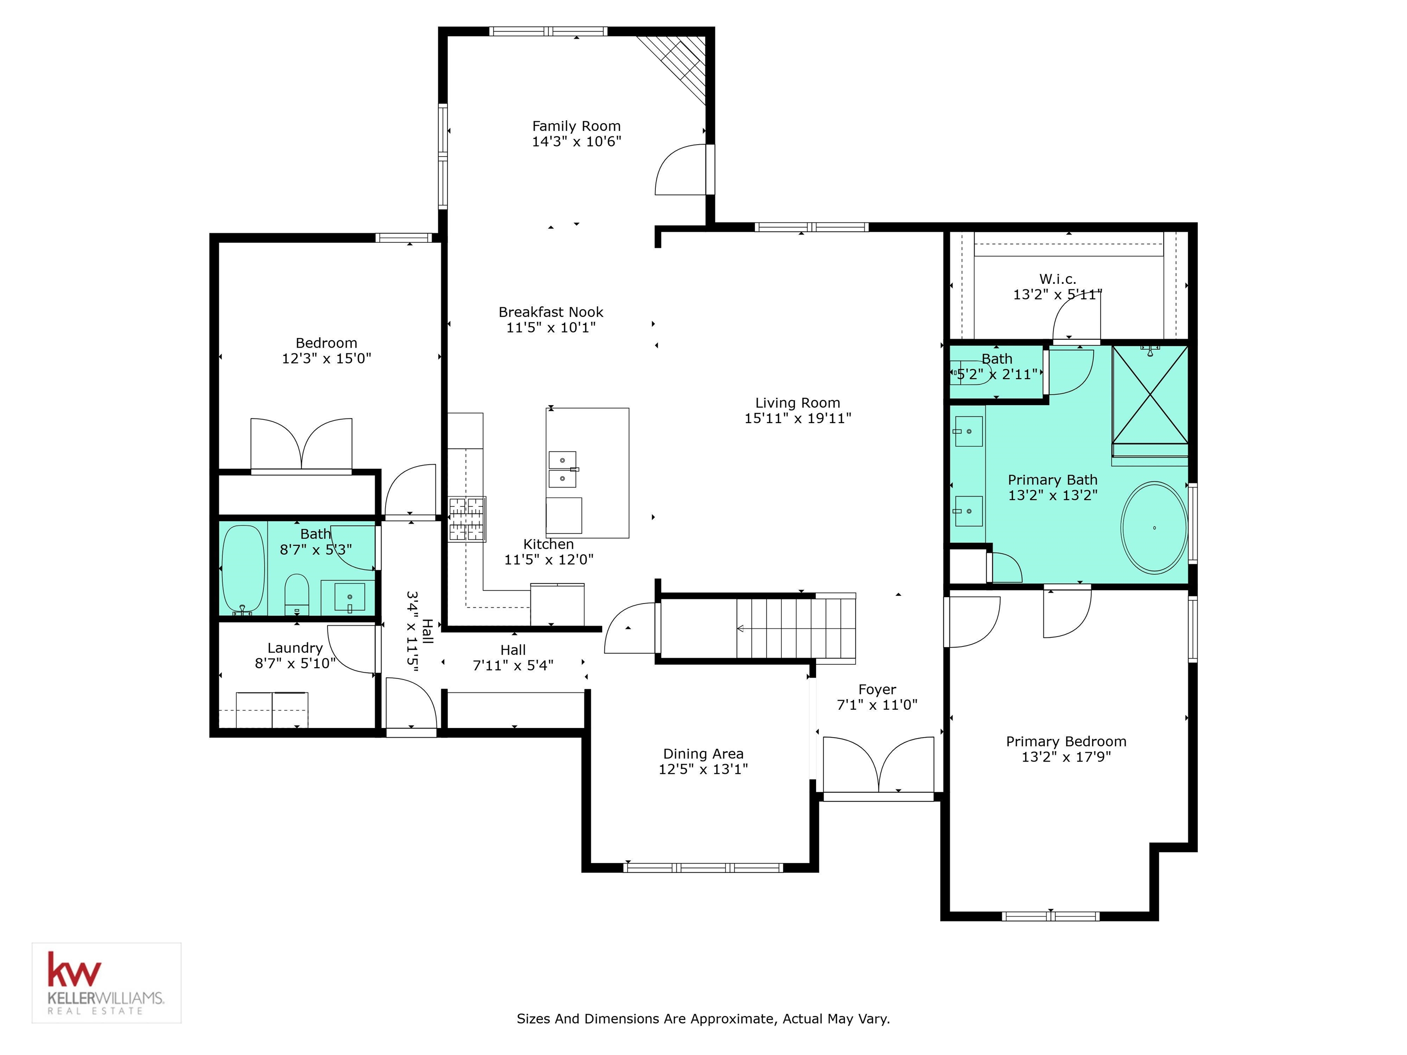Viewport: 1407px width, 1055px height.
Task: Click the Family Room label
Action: [x=576, y=126]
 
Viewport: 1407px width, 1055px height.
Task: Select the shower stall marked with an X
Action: [x=1150, y=394]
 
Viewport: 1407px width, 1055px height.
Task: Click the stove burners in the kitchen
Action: [x=467, y=519]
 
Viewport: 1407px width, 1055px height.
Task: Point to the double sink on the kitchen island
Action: [x=562, y=469]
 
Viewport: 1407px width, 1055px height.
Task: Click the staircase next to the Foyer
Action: [x=795, y=628]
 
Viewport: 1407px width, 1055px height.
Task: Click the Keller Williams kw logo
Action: [x=74, y=970]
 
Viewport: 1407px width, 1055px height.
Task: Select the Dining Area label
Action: [x=703, y=754]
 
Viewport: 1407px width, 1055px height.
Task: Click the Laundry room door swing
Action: [x=352, y=649]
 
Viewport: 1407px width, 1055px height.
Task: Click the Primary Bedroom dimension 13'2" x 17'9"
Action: [x=1066, y=757]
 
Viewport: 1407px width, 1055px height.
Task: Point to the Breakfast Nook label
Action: [x=551, y=312]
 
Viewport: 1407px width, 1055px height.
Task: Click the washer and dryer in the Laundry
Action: [x=272, y=710]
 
